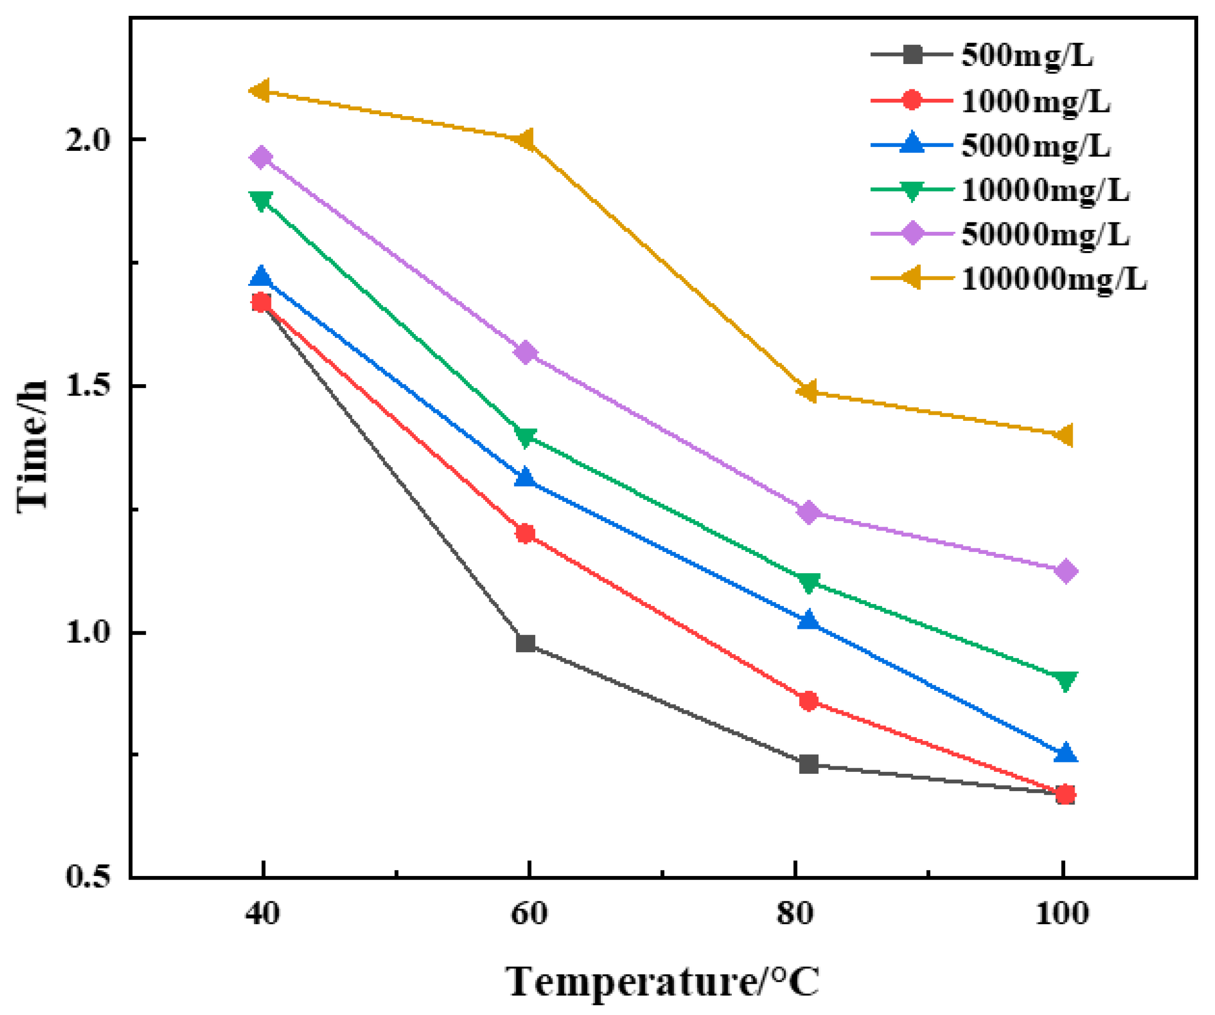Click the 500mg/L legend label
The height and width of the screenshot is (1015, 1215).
click(1026, 56)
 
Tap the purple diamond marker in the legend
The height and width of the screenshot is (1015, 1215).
click(912, 233)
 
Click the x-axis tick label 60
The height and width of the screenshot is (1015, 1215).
click(528, 914)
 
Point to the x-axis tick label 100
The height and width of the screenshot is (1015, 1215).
click(1062, 914)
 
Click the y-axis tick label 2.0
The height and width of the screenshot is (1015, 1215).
click(87, 140)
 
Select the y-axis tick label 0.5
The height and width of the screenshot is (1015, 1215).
click(87, 877)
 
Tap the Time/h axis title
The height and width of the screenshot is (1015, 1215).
click(32, 446)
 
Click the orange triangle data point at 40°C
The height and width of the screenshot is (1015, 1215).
click(260, 91)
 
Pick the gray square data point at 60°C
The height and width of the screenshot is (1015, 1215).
click(525, 643)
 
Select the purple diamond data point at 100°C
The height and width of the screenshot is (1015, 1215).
click(1066, 571)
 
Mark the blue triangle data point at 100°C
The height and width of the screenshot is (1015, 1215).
click(1066, 752)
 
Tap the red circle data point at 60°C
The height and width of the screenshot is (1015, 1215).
click(525, 533)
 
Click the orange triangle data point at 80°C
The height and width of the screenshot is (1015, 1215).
click(808, 392)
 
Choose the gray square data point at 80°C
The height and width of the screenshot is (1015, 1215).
click(809, 764)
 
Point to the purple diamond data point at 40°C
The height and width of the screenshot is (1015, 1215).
click(261, 157)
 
